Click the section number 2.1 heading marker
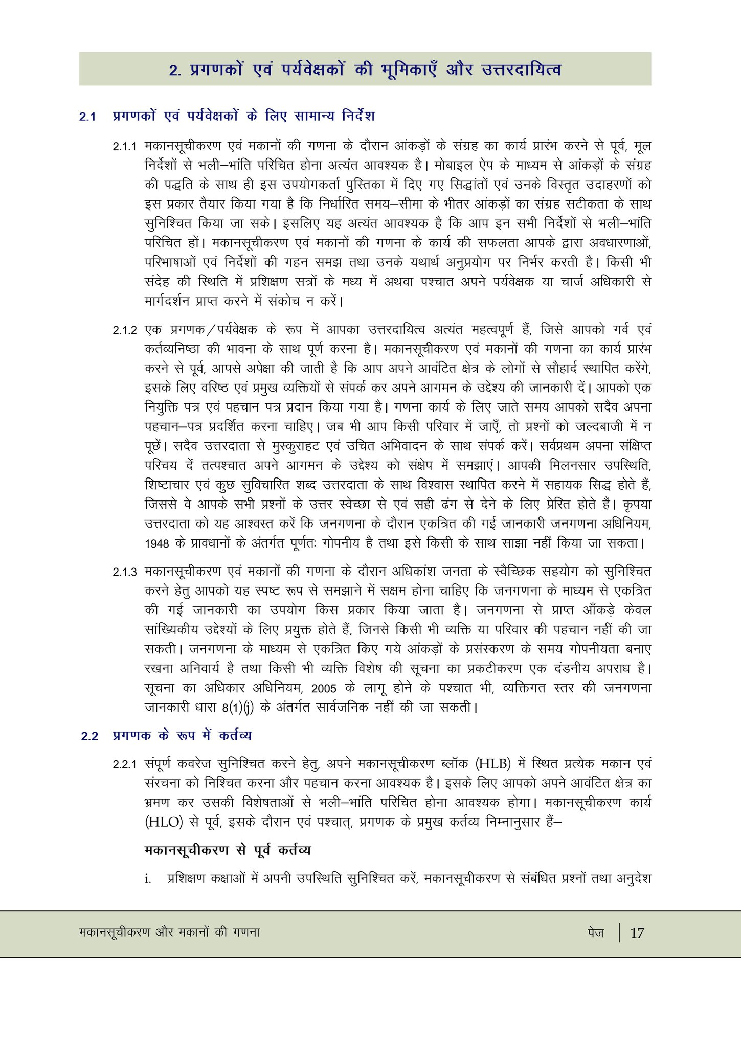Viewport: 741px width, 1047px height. [x=87, y=117]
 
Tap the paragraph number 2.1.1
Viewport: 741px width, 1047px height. [x=125, y=147]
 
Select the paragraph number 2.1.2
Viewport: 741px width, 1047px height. [x=125, y=330]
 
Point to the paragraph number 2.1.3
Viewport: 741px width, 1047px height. [x=125, y=572]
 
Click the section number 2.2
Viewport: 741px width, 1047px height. [x=89, y=736]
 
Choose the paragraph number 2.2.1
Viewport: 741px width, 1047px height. [x=125, y=765]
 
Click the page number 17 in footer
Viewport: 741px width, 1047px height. [x=637, y=933]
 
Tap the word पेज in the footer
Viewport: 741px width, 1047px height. [x=596, y=932]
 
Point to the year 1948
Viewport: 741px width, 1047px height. [x=156, y=543]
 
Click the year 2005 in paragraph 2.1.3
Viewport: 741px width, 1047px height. [x=324, y=688]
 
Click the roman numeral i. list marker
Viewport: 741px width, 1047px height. [x=148, y=880]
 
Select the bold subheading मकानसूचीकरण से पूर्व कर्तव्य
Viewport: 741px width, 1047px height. [x=228, y=850]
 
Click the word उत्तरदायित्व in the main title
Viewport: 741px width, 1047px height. [x=521, y=69]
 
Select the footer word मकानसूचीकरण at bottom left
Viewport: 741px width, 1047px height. [x=115, y=932]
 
